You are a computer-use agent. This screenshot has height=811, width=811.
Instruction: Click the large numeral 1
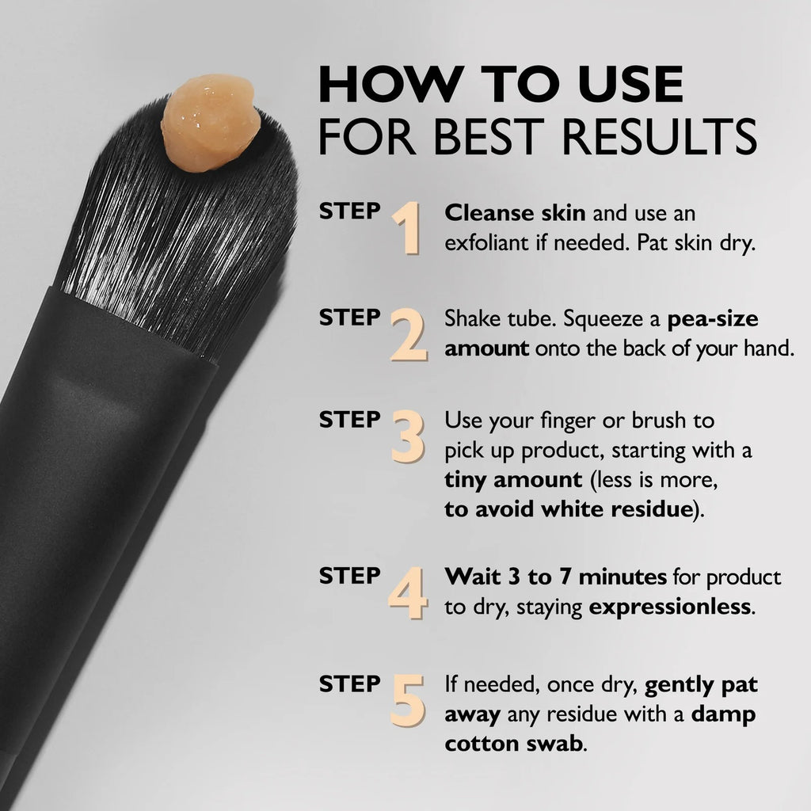click(407, 228)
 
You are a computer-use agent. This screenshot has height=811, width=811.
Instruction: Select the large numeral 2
click(409, 337)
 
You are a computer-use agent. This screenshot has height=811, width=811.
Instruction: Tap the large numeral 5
click(409, 700)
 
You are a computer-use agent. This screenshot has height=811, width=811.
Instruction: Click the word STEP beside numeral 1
click(349, 211)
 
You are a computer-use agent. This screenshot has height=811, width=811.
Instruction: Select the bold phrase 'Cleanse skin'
click(515, 213)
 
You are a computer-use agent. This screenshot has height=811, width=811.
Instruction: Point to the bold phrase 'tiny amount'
click(513, 480)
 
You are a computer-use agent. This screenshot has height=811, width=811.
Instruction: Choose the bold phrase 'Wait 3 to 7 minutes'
click(555, 577)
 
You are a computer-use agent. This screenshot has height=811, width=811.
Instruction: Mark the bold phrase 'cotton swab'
click(515, 744)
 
